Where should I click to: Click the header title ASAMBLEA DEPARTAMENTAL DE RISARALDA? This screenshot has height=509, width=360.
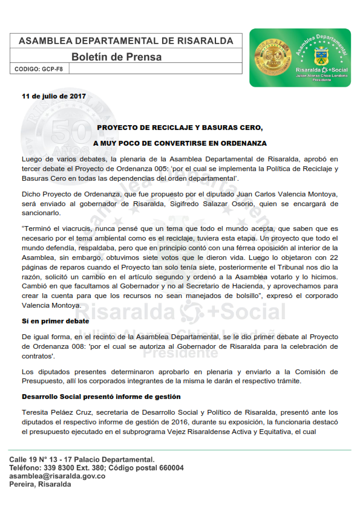coord(126,41)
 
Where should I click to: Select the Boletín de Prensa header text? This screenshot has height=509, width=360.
coord(116,57)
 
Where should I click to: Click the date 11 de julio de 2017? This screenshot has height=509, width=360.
coord(53,96)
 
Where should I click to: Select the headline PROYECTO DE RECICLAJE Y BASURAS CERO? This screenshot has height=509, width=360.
coord(180,128)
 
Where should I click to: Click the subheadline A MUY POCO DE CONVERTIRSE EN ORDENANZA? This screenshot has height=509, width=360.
coord(180,143)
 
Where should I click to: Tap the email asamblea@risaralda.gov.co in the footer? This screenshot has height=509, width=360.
coord(57,476)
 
